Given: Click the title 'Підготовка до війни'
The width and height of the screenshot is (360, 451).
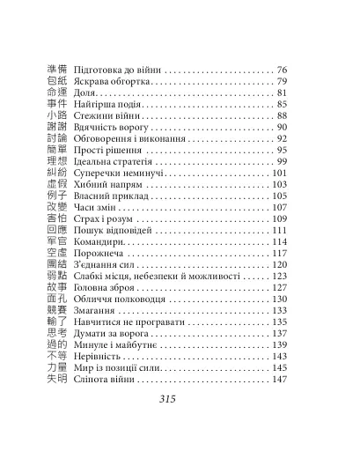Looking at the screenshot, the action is click(113, 70).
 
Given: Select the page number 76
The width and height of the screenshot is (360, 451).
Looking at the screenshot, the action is click(283, 70).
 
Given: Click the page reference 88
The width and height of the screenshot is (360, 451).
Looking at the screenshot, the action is click(283, 115).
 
